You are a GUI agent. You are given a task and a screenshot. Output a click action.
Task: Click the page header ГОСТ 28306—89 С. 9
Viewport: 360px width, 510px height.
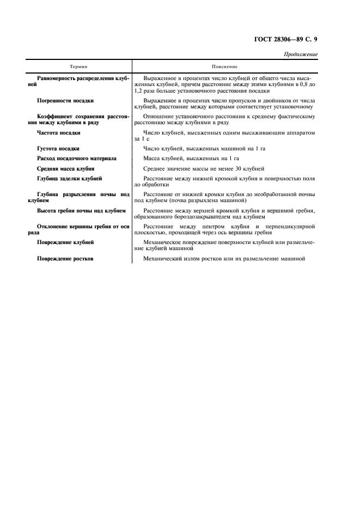pyautogui.click(x=286, y=40)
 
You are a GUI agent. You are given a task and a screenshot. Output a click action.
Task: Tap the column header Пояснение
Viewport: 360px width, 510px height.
pyautogui.click(x=225, y=66)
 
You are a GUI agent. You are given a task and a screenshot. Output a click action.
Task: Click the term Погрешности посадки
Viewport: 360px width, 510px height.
pyautogui.click(x=65, y=101)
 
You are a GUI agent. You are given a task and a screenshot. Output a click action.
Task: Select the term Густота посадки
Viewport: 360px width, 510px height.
pyautogui.click(x=58, y=148)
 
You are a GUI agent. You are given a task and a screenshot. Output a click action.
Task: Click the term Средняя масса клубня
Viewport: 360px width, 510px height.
pyautogui.click(x=65, y=169)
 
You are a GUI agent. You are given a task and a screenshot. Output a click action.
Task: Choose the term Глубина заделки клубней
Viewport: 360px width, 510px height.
pyautogui.click(x=69, y=179)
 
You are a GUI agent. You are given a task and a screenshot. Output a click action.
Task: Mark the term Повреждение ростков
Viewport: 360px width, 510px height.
pyautogui.click(x=64, y=258)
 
